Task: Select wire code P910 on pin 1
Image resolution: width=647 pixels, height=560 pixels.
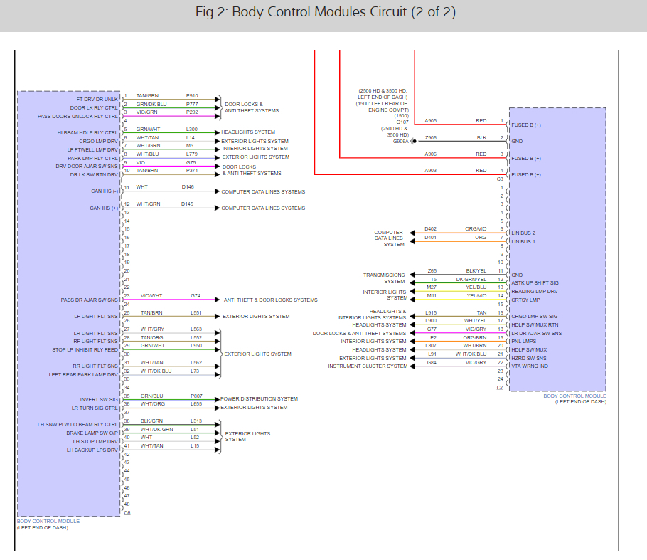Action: click(x=192, y=95)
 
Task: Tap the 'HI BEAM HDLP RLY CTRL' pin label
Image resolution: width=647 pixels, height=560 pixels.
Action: click(x=87, y=132)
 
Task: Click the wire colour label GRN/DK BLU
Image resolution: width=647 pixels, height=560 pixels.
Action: click(x=151, y=104)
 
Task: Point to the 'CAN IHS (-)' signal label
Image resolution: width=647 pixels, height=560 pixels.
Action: click(x=104, y=191)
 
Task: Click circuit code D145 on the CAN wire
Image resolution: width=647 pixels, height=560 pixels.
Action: click(x=187, y=204)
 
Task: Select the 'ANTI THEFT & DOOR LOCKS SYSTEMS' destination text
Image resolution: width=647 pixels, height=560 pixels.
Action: click(x=270, y=300)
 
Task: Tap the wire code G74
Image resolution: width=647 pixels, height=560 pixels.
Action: click(x=195, y=295)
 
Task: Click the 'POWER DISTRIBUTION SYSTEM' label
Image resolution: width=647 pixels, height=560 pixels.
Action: click(x=260, y=398)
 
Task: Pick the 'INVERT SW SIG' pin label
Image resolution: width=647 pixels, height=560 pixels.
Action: click(x=99, y=399)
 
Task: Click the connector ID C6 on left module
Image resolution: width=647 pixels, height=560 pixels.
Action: click(x=127, y=512)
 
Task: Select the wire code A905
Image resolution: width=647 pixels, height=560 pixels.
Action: click(x=431, y=121)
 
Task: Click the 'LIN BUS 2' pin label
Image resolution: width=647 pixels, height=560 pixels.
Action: click(x=523, y=233)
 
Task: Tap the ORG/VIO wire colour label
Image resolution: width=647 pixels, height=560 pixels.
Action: click(x=476, y=228)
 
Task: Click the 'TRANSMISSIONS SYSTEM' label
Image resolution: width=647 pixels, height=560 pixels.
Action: click(x=384, y=278)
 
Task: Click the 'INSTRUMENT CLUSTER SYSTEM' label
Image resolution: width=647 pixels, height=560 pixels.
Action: click(x=368, y=366)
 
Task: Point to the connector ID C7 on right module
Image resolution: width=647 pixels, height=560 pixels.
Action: click(x=500, y=387)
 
